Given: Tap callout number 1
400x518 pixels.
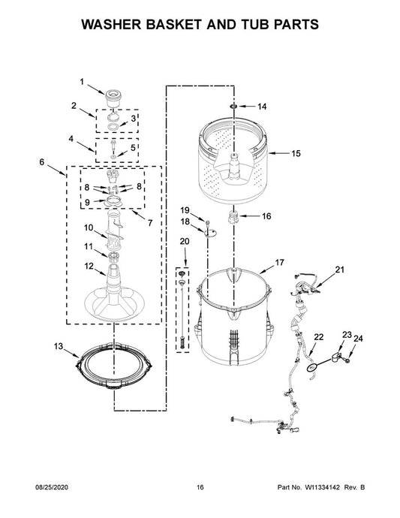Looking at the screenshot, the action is tap(82, 82).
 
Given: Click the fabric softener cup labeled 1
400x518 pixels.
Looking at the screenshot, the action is tap(113, 98).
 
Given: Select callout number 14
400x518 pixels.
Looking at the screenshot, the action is tap(262, 107).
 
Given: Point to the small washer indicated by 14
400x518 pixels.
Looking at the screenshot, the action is tap(233, 106).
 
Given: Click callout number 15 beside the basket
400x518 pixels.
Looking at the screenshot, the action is tap(296, 153).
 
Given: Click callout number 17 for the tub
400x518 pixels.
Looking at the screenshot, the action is tap(279, 263).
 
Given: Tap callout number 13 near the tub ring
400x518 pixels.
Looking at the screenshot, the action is tap(58, 346).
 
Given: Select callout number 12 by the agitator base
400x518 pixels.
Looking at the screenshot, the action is tap(89, 266).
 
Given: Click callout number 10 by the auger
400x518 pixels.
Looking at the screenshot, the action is tap(89, 227).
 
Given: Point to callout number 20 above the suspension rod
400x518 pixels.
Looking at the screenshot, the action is tap(185, 242).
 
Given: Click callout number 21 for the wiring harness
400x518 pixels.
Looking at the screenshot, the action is tap(339, 270).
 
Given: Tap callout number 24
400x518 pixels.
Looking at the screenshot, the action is tap(358, 339).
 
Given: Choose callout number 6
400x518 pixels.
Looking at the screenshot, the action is tap(41, 162).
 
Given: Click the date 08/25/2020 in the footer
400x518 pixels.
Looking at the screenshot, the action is tap(52, 487).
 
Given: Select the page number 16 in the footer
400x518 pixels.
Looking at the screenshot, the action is tap(200, 487).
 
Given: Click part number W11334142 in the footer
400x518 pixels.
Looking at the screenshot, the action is tap(322, 487).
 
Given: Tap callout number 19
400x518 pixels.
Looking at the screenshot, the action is tap(185, 210).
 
